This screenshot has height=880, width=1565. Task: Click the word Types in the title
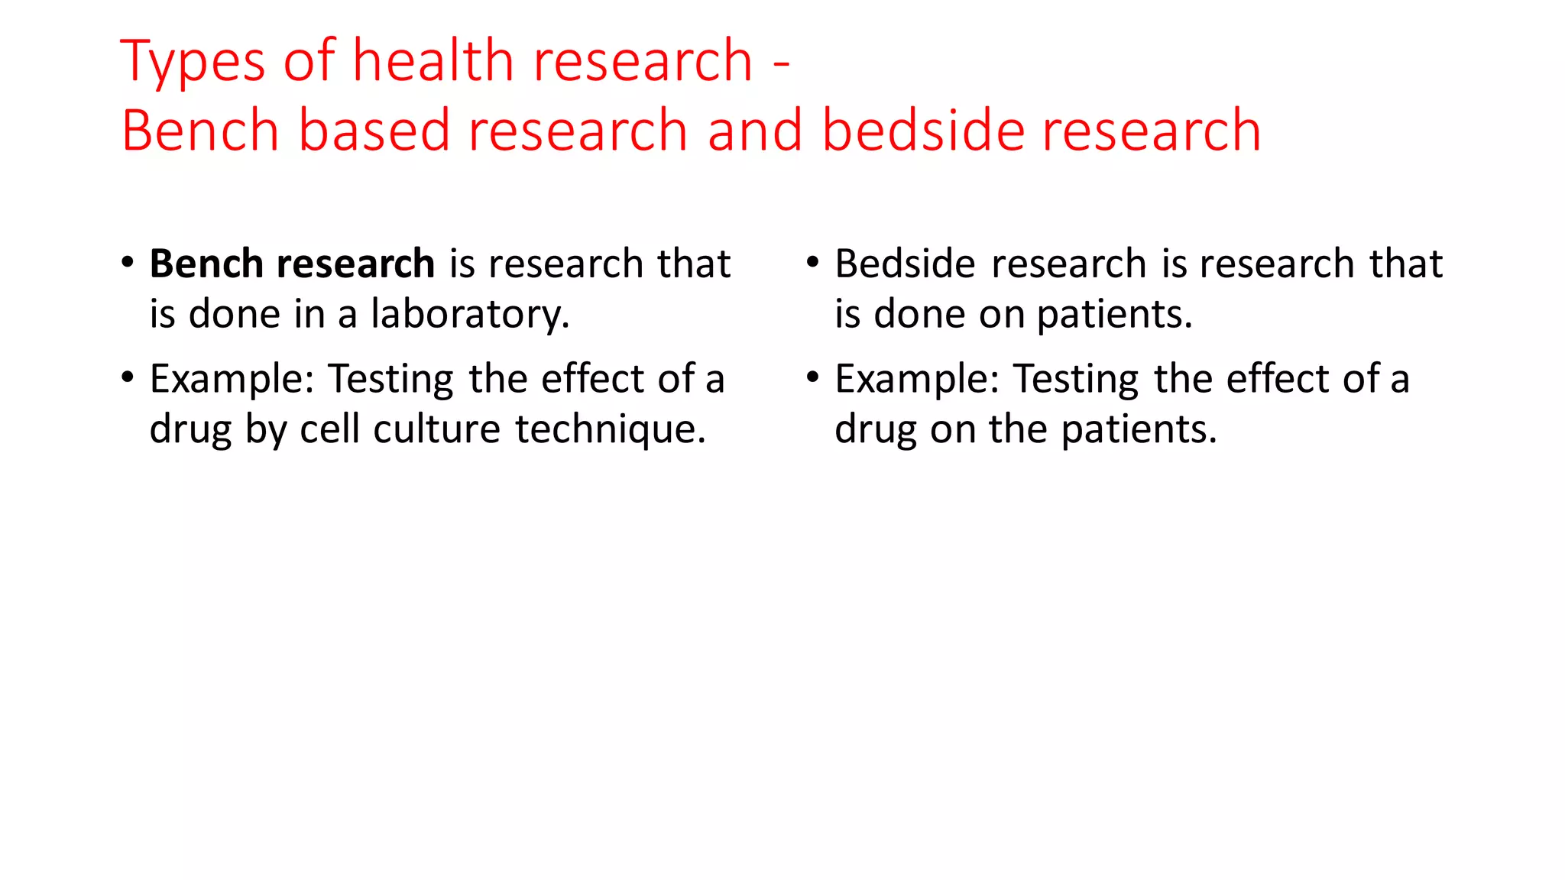click(193, 61)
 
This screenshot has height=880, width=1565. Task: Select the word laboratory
click(469, 315)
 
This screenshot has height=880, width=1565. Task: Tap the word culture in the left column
click(436, 429)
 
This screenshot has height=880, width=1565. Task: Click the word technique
click(610, 429)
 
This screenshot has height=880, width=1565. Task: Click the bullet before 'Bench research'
click(128, 262)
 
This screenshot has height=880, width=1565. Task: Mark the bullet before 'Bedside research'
click(813, 262)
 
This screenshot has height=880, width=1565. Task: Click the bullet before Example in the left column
click(128, 377)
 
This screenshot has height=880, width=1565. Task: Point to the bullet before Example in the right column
click(813, 377)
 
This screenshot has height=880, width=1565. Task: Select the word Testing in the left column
click(390, 379)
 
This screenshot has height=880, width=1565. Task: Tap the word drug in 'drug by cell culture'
click(190, 429)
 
